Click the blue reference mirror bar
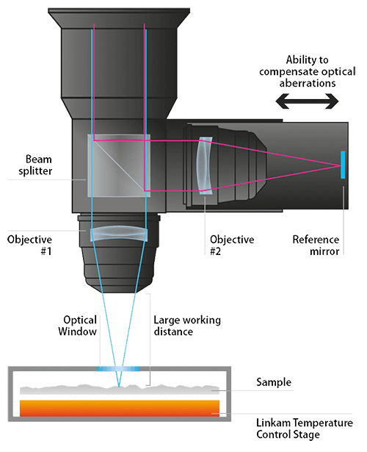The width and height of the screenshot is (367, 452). tap(343, 165)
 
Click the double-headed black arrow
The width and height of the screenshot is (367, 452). tap(307, 101)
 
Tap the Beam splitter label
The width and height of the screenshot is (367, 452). tap(35, 165)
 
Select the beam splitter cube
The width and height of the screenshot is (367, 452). tap(119, 166)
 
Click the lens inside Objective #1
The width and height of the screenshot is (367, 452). tap(119, 233)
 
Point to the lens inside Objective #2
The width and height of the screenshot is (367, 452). tap(204, 166)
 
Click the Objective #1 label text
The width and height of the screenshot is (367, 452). tap(29, 245)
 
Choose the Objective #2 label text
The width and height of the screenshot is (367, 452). tap(232, 245)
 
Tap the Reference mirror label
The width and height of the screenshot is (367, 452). tap(316, 245)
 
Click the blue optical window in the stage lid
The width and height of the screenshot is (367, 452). tap(118, 369)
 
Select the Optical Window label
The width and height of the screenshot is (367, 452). tap(77, 326)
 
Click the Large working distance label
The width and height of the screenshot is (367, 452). tap(187, 326)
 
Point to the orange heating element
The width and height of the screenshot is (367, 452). tap(120, 408)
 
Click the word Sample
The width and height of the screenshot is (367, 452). tap(274, 382)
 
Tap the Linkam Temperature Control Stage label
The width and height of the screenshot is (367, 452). tap(305, 428)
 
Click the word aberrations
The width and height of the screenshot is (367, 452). tap(308, 83)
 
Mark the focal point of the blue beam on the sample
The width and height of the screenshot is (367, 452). tap(119, 386)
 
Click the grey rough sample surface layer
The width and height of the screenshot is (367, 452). tap(120, 390)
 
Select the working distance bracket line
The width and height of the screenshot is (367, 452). tap(150, 340)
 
